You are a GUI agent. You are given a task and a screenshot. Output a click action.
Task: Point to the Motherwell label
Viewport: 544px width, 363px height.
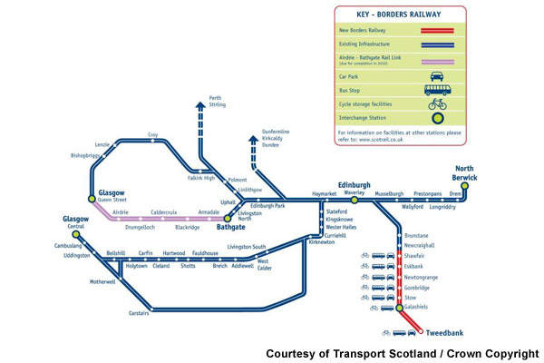103,282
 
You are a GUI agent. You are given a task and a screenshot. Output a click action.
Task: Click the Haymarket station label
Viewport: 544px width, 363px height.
324,194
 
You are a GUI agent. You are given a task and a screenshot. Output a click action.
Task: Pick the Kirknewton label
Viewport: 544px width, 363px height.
322,242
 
